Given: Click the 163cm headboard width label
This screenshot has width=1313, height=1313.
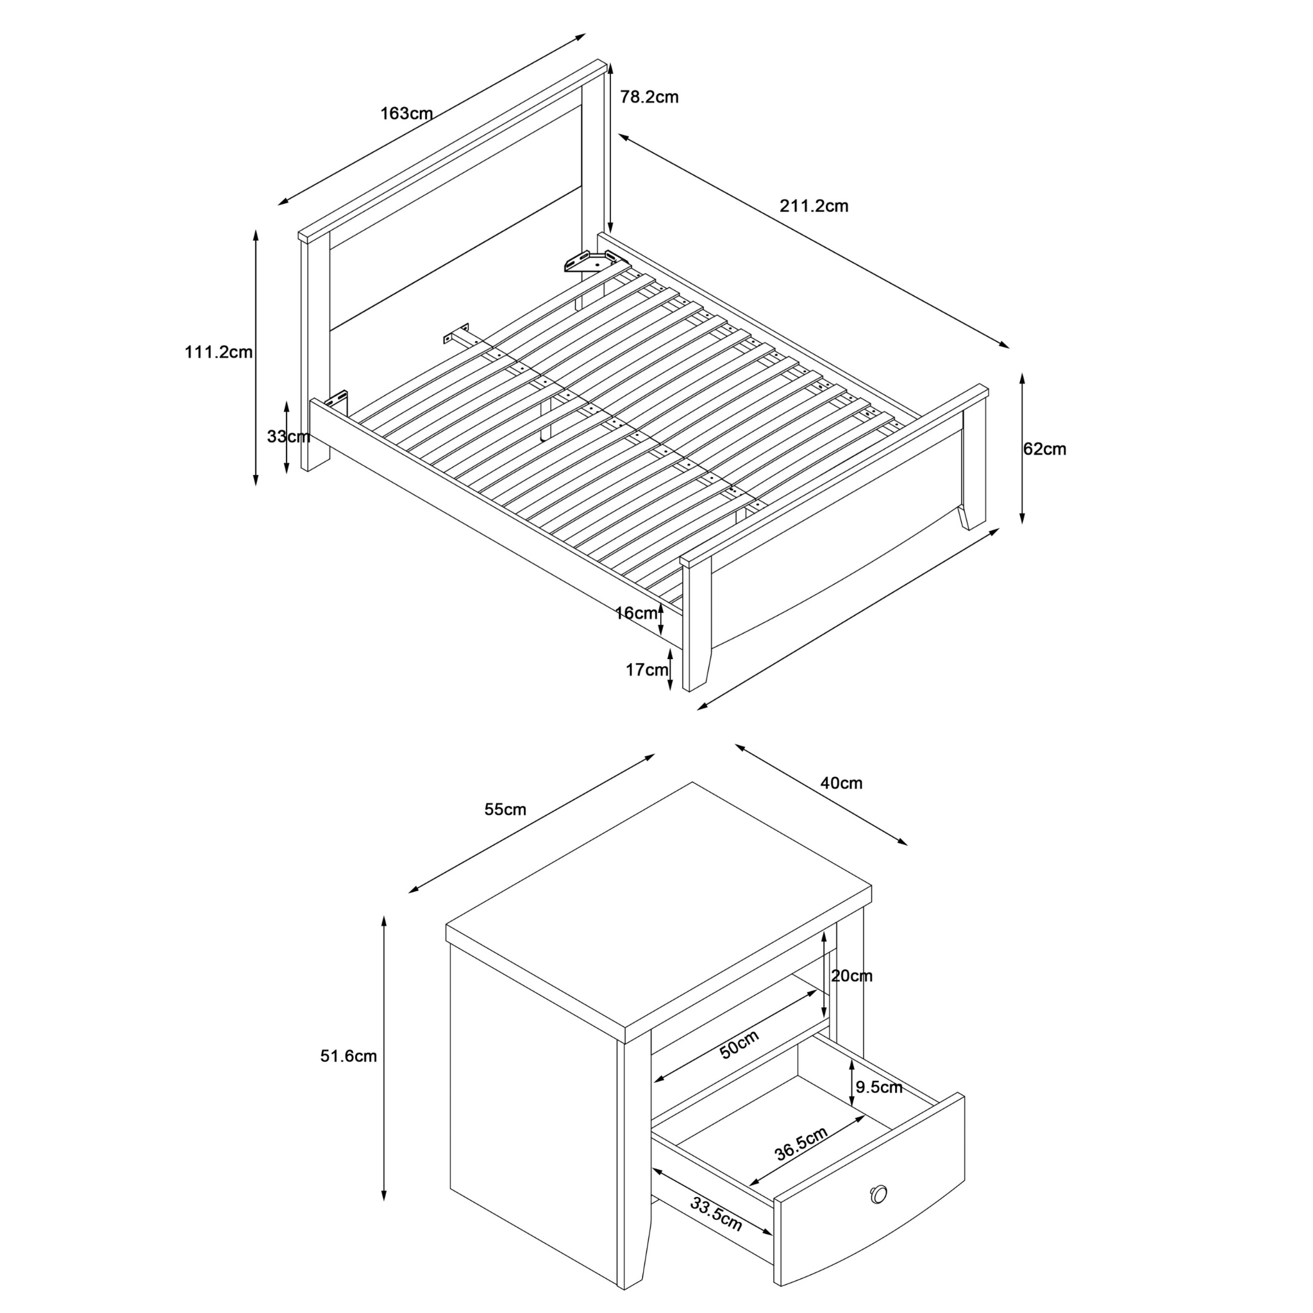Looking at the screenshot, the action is [406, 113].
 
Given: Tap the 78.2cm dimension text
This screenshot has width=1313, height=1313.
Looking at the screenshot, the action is [649, 97].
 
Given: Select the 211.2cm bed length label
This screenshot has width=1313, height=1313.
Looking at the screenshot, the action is [814, 206].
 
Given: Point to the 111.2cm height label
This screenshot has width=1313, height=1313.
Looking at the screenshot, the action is [219, 352].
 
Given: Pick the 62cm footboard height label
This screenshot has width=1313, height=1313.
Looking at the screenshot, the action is [1044, 449].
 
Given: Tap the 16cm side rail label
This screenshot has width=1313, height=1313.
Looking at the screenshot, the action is [636, 613].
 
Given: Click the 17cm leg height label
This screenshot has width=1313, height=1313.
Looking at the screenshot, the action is [647, 670].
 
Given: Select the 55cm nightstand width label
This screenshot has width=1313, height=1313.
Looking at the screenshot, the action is [505, 810].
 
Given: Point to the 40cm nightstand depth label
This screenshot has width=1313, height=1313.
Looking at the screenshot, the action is [841, 783].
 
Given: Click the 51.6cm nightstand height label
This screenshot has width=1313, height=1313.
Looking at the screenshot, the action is [349, 1056].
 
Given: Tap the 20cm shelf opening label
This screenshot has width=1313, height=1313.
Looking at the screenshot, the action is [851, 976].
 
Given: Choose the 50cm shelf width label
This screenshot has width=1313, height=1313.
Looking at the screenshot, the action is [739, 1044].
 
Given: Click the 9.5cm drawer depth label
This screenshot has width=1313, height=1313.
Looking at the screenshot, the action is [879, 1087].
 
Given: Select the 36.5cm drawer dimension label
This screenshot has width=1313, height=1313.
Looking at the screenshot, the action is [801, 1144].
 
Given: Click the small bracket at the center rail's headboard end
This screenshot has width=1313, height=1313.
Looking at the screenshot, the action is [456, 333].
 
